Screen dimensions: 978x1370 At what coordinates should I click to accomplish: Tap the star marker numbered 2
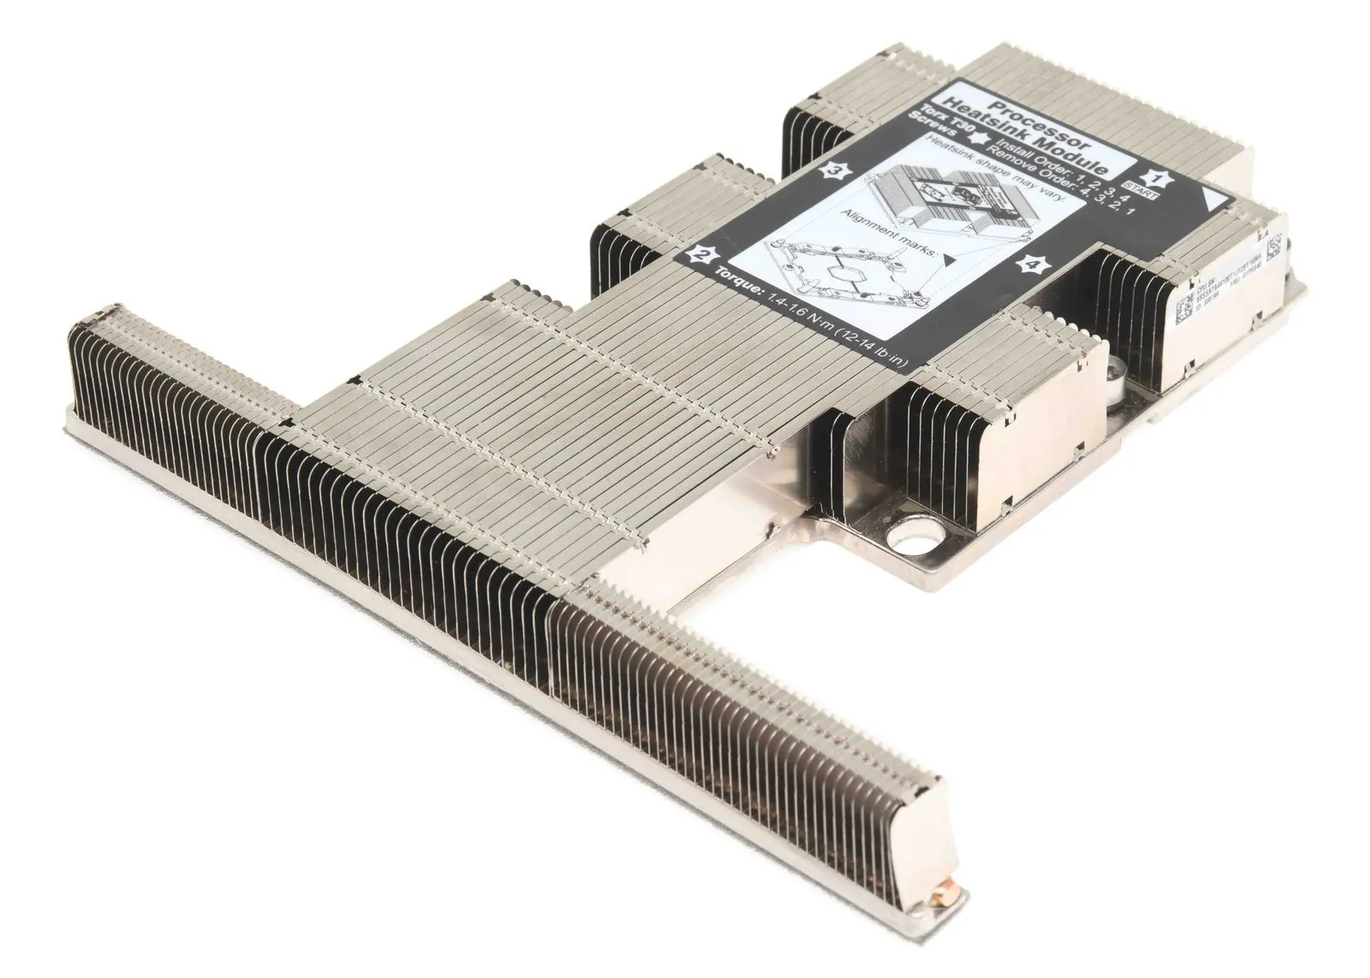coord(704,255)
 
